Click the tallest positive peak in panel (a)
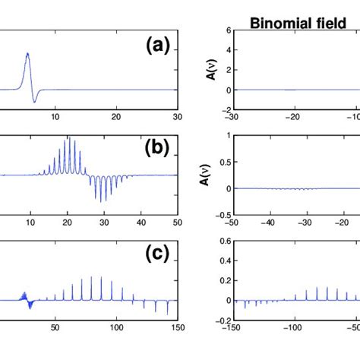point(28,54)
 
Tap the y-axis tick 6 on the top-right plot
point(225,31)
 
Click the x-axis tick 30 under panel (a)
point(177,118)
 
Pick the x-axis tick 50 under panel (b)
point(177,224)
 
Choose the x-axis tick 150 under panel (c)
point(177,329)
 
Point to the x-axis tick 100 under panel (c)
point(117,329)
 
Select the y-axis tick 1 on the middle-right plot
point(225,136)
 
